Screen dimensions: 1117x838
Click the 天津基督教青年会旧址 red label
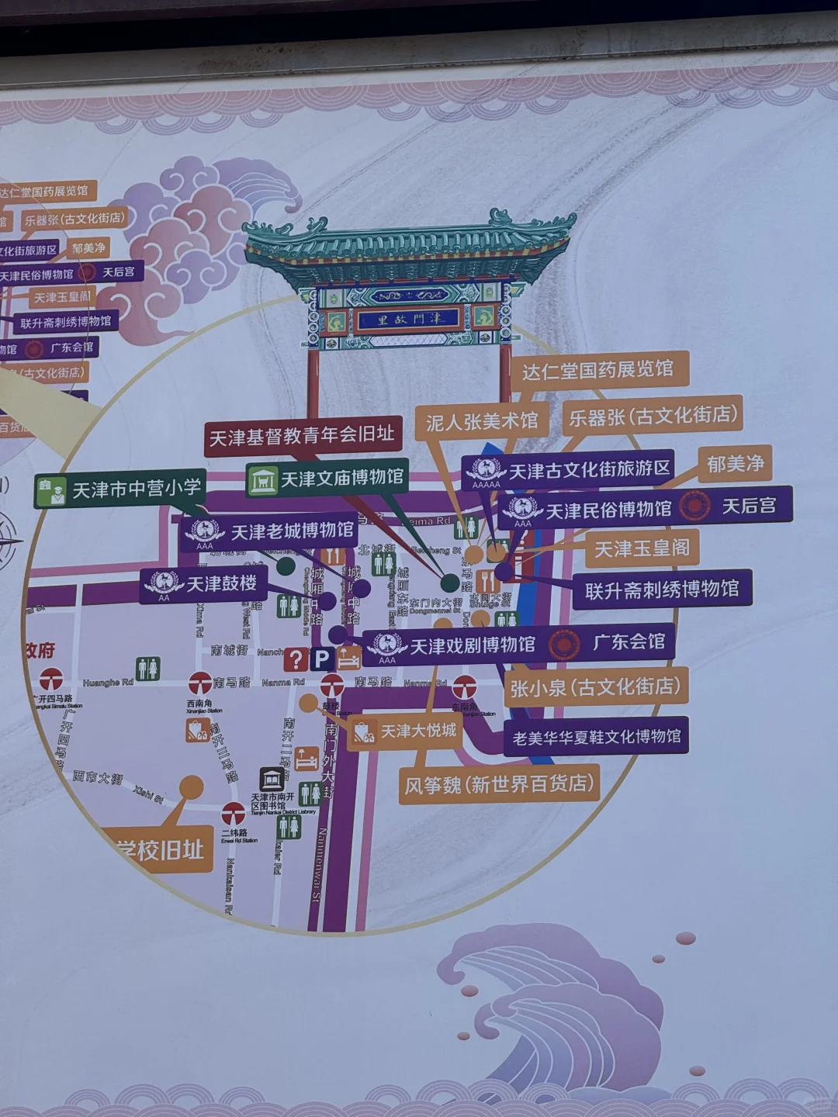pyautogui.click(x=303, y=436)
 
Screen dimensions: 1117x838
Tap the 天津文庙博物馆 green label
pyautogui.click(x=327, y=479)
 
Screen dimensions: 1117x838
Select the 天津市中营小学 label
pyautogui.click(x=120, y=489)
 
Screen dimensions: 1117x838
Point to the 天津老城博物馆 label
pyautogui.click(x=269, y=531)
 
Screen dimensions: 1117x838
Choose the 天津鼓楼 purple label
pyautogui.click(x=203, y=584)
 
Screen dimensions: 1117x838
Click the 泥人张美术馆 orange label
pyautogui.click(x=481, y=421)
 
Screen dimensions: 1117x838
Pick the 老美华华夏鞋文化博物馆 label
pyautogui.click(x=596, y=736)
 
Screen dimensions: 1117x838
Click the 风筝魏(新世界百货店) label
pyautogui.click(x=499, y=785)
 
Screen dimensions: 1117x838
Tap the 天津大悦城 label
pyautogui.click(x=405, y=731)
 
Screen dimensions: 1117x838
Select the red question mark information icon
pyautogui.click(x=296, y=659)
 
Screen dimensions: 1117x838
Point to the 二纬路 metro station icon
pyautogui.click(x=234, y=814)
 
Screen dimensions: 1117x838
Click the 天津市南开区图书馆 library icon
pyautogui.click(x=272, y=779)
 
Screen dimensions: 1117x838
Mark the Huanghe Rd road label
pyautogui.click(x=108, y=683)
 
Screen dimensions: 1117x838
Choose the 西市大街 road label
pyautogui.click(x=98, y=776)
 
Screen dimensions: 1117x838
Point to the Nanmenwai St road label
pyautogui.click(x=320, y=864)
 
